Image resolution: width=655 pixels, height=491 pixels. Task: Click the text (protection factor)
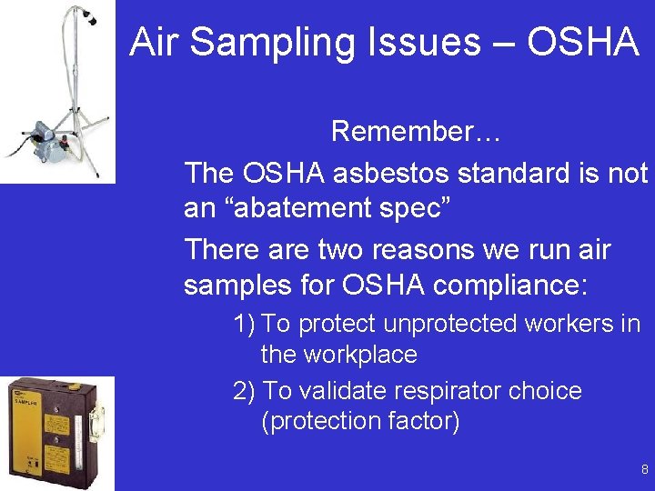(x=360, y=422)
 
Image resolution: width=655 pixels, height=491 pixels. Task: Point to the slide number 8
(x=644, y=470)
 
